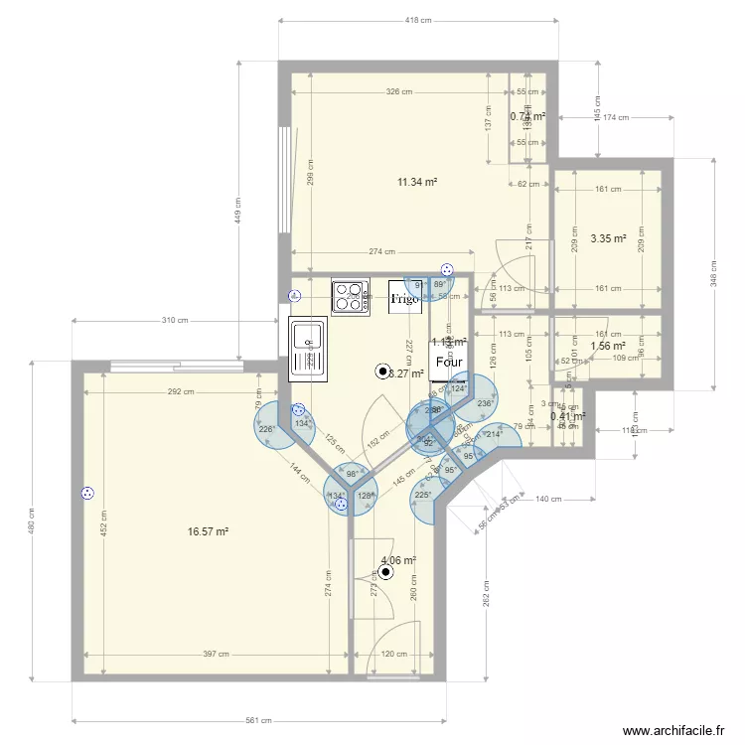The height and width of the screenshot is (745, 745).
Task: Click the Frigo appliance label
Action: click(x=404, y=297)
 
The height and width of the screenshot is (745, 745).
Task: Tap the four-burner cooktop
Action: click(x=350, y=297)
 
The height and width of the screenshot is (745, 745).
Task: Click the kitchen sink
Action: click(x=307, y=349)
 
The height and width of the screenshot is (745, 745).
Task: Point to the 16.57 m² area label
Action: click(x=208, y=532)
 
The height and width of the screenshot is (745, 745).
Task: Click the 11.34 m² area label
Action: click(x=418, y=182)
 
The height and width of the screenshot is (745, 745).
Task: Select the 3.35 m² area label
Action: click(x=608, y=238)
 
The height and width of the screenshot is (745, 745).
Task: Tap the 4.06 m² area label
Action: click(x=397, y=560)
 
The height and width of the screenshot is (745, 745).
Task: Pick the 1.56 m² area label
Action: click(x=607, y=346)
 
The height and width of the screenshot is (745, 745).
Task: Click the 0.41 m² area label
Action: click(x=567, y=416)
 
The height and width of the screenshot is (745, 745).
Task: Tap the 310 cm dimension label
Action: click(x=175, y=321)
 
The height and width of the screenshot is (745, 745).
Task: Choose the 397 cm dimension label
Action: click(x=217, y=655)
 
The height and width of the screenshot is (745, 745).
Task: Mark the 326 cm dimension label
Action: click(x=399, y=91)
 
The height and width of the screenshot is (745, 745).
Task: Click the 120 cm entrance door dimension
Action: click(x=394, y=655)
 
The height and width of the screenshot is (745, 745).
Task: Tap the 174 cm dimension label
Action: click(x=617, y=118)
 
